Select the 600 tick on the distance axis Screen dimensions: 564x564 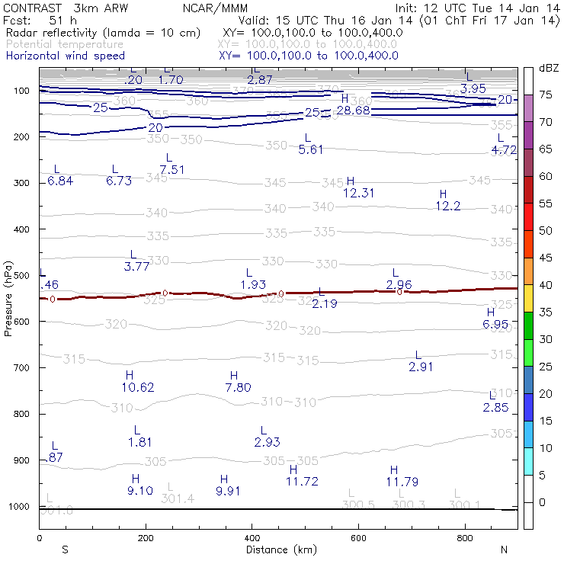tap(358, 538)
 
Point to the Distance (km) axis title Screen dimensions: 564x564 tap(278, 549)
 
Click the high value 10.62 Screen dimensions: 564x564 tap(137, 387)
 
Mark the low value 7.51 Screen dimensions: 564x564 tap(172, 169)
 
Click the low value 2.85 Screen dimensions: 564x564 tap(495, 407)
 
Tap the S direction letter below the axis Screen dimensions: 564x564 tap(66, 549)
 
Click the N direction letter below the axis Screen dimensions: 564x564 tap(504, 549)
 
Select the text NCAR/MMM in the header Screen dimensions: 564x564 tap(208, 8)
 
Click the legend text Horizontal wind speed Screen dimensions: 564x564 tap(65, 56)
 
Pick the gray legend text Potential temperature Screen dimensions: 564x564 tap(65, 44)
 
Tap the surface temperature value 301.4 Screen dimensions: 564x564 tap(178, 498)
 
